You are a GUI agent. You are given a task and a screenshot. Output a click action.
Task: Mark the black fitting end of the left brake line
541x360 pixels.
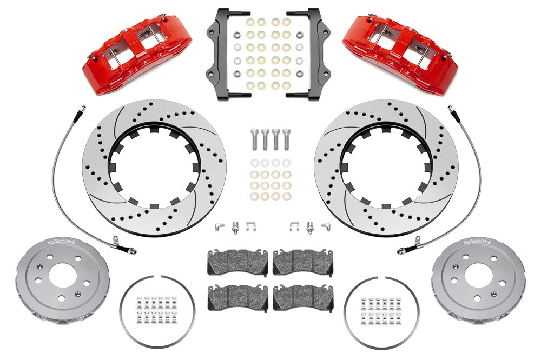pos(130,250)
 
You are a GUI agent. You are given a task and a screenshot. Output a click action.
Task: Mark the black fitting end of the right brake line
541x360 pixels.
pos(403,250)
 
